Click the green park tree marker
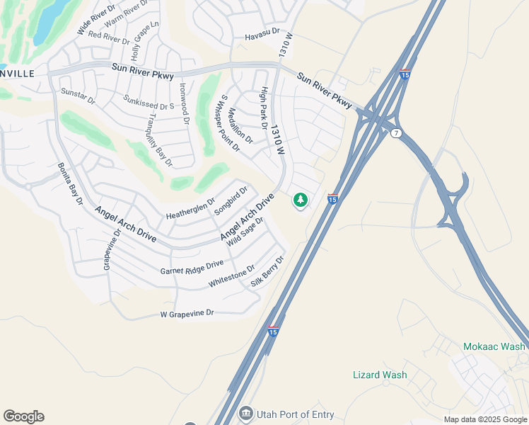[x=301, y=200]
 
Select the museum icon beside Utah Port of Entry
[x=245, y=412]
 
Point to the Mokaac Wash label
[x=494, y=346]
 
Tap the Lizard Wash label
[x=380, y=375]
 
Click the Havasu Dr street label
[x=262, y=36]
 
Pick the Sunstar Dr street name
[x=78, y=96]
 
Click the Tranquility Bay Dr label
[x=161, y=142]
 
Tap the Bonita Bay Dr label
[x=71, y=184]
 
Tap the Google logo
[x=23, y=416]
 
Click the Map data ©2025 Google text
[x=485, y=419]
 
